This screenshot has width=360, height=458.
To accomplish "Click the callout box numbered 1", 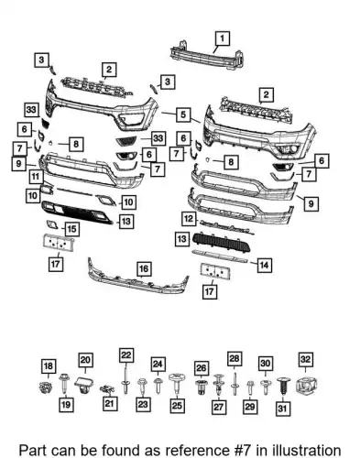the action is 222,38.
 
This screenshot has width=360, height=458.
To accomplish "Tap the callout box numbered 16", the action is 144,269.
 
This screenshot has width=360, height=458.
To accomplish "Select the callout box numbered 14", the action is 264,265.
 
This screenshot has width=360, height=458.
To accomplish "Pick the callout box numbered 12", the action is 189,219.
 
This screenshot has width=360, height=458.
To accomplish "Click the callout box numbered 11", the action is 36,177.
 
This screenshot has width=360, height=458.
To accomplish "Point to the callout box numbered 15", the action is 71,229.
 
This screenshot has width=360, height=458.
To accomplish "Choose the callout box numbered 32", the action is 306,360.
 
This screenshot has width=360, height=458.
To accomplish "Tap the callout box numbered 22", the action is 126,355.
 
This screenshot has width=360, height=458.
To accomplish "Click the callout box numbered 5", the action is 183,114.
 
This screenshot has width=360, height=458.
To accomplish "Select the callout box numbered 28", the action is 235,358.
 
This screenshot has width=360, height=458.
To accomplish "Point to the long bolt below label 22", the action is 125,382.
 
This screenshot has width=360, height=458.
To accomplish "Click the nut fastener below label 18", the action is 45,387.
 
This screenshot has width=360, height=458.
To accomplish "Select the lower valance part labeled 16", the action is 138,277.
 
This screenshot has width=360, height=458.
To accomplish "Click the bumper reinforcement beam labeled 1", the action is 208,55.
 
